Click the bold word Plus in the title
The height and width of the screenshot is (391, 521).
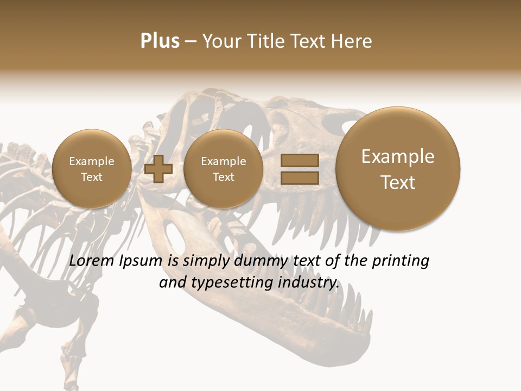click(160, 41)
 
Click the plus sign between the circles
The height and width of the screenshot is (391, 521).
click(158, 169)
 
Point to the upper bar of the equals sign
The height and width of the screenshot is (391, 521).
click(300, 160)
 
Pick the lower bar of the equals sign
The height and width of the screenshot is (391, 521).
click(300, 178)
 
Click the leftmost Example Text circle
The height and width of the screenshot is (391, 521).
click(92, 169)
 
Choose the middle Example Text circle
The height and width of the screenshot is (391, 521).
click(224, 169)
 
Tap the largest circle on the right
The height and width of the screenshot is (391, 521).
click(398, 169)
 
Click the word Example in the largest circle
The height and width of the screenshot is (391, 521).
click(398, 156)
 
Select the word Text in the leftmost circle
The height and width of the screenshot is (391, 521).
click(92, 177)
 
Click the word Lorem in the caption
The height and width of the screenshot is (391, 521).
click(92, 261)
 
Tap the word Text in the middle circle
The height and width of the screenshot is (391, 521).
click(224, 177)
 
